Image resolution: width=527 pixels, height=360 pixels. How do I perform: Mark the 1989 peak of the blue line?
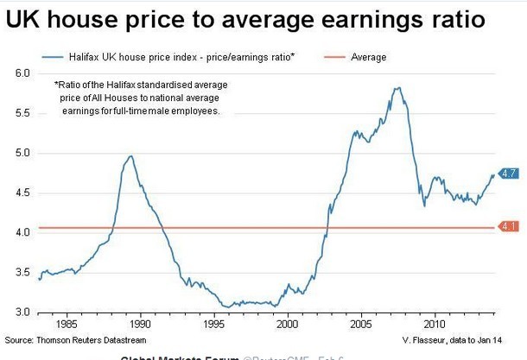tap(130, 156)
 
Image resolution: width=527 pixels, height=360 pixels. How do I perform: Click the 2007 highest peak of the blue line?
tap(397, 87)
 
